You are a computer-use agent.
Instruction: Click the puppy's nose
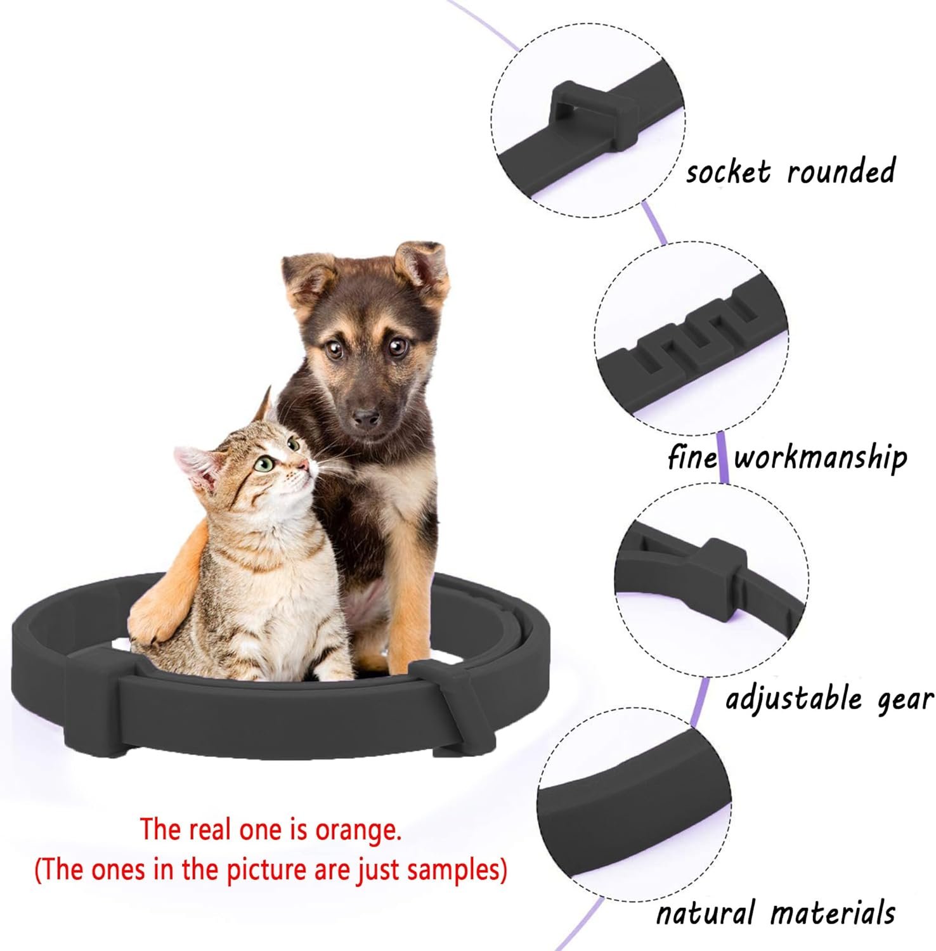[366, 417]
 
